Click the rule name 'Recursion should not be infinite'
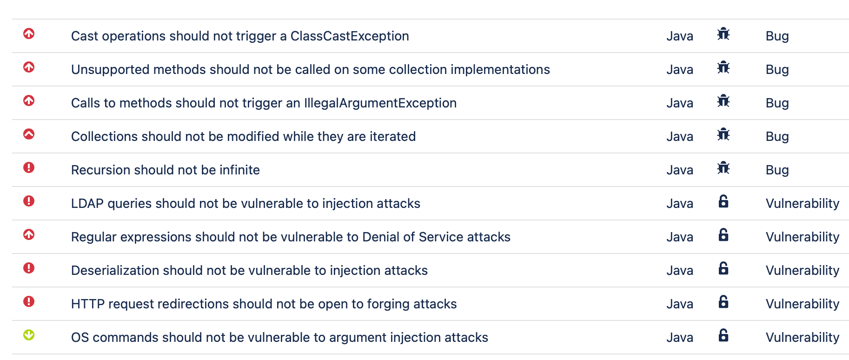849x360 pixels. [x=165, y=170]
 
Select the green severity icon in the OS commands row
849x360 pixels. [x=29, y=335]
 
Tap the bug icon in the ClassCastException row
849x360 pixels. [x=723, y=34]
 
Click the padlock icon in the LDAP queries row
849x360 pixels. [x=723, y=201]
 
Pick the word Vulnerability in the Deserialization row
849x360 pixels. [x=803, y=270]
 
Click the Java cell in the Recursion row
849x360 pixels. [x=680, y=170]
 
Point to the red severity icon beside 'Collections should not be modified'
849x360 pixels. [x=29, y=134]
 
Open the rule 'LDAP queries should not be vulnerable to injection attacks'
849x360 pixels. [x=245, y=203]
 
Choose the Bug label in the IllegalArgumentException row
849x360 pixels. [x=777, y=103]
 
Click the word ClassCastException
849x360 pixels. [x=350, y=36]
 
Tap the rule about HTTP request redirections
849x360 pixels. [x=264, y=304]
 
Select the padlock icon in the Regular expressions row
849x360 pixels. [x=723, y=235]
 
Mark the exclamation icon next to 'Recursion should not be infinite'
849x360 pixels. [x=29, y=167]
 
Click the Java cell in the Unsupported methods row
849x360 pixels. [x=680, y=69]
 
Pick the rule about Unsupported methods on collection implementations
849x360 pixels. [x=311, y=69]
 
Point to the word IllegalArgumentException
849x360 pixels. [x=380, y=103]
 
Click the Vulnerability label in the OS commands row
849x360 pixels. [x=803, y=337]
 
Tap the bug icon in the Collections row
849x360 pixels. [x=723, y=134]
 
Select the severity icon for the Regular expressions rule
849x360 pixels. [x=29, y=234]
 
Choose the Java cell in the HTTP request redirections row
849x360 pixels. [x=680, y=304]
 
